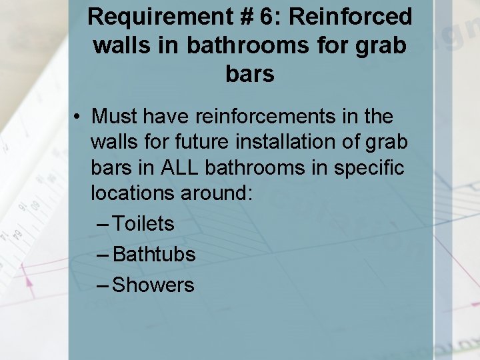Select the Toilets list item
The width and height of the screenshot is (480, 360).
[143, 223]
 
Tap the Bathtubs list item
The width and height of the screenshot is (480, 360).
[154, 254]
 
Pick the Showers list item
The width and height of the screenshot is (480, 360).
[153, 285]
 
